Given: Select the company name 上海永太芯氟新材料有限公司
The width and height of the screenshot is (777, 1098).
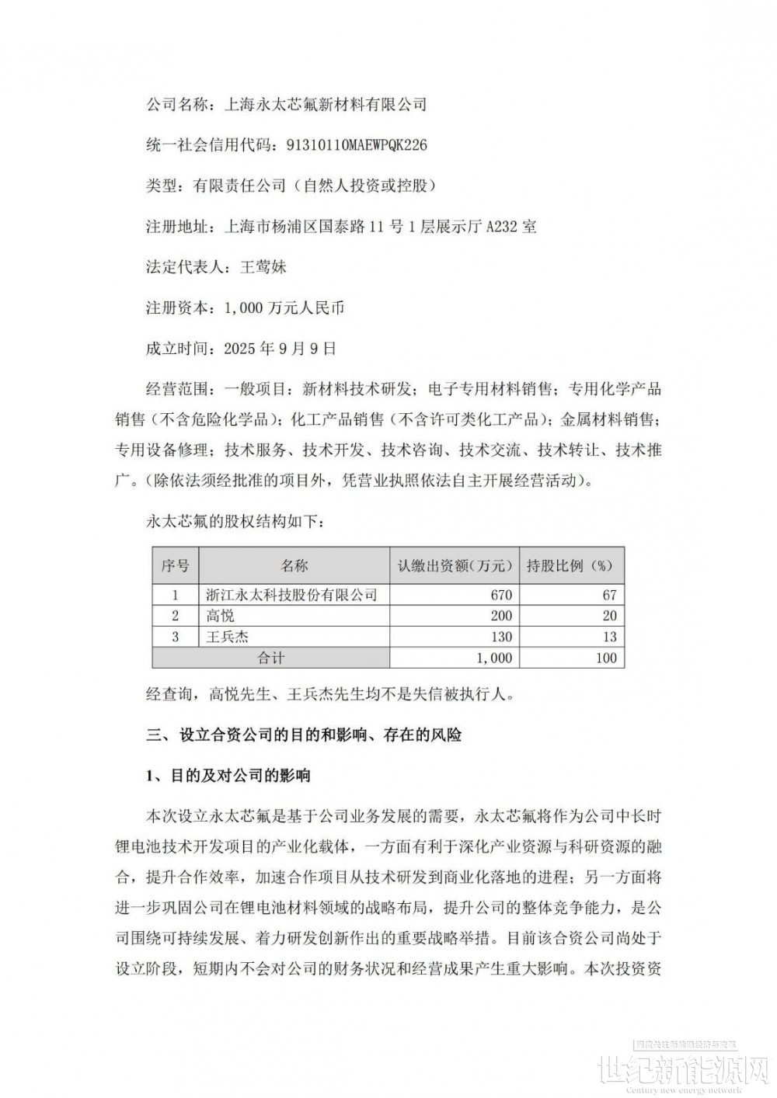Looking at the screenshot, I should click(x=325, y=103).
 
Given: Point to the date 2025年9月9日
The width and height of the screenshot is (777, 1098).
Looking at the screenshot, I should click(x=280, y=349).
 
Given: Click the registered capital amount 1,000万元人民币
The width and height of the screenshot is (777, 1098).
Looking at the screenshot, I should click(x=284, y=308).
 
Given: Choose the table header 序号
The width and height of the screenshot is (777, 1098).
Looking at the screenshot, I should click(x=175, y=565).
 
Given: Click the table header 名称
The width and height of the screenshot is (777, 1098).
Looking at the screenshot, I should click(x=294, y=565).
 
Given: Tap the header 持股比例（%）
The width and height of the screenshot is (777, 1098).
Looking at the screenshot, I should click(x=570, y=565).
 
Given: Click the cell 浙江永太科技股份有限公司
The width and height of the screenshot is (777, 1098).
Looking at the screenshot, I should click(x=291, y=595).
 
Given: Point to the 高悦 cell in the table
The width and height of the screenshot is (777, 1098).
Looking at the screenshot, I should click(x=220, y=616).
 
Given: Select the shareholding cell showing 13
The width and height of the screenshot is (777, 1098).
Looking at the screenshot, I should click(x=609, y=637).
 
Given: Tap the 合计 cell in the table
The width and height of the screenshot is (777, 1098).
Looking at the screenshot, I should click(x=270, y=658).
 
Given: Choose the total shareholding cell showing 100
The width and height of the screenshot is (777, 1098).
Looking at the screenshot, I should click(x=605, y=658).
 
